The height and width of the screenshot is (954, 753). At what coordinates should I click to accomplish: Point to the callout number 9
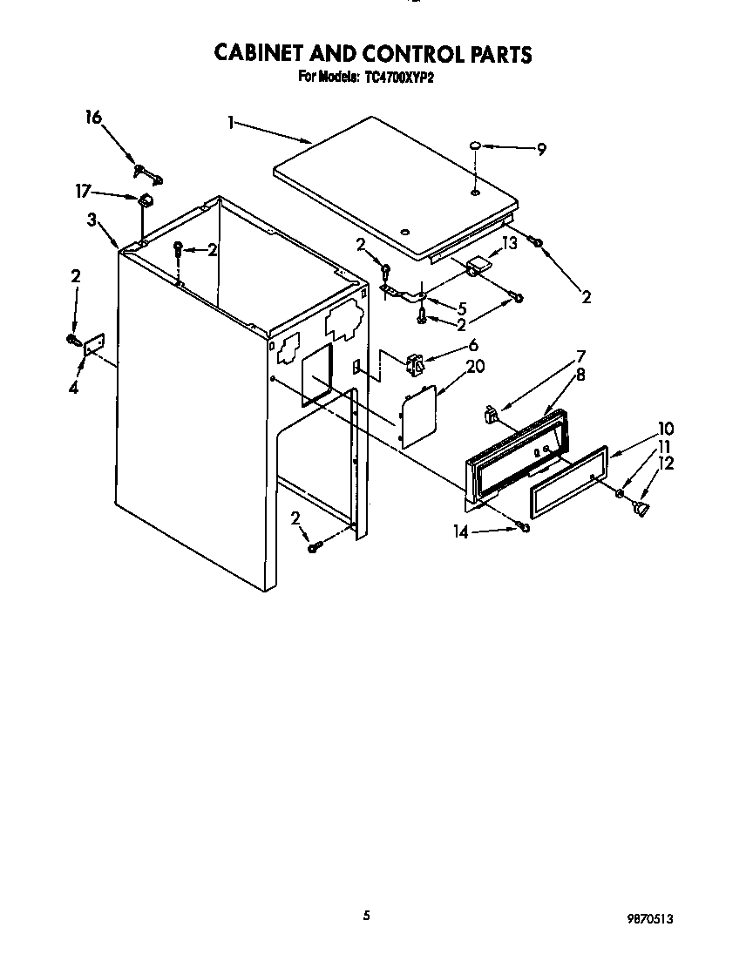(541, 150)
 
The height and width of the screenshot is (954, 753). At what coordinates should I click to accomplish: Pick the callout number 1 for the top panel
(231, 124)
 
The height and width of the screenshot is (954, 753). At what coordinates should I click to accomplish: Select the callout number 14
(461, 531)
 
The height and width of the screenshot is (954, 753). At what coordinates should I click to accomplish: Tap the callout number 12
(666, 464)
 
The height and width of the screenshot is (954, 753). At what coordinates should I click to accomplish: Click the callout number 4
(73, 388)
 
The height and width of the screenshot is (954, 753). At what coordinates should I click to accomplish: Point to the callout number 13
(509, 243)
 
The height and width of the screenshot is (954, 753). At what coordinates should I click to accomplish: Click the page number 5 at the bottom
(367, 915)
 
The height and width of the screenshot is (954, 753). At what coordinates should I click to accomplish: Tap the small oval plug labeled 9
(476, 145)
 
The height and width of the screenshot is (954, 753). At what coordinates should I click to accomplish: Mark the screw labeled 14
(523, 525)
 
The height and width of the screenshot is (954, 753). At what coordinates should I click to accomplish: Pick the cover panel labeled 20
(417, 416)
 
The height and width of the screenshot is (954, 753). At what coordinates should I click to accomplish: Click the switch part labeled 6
(413, 362)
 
